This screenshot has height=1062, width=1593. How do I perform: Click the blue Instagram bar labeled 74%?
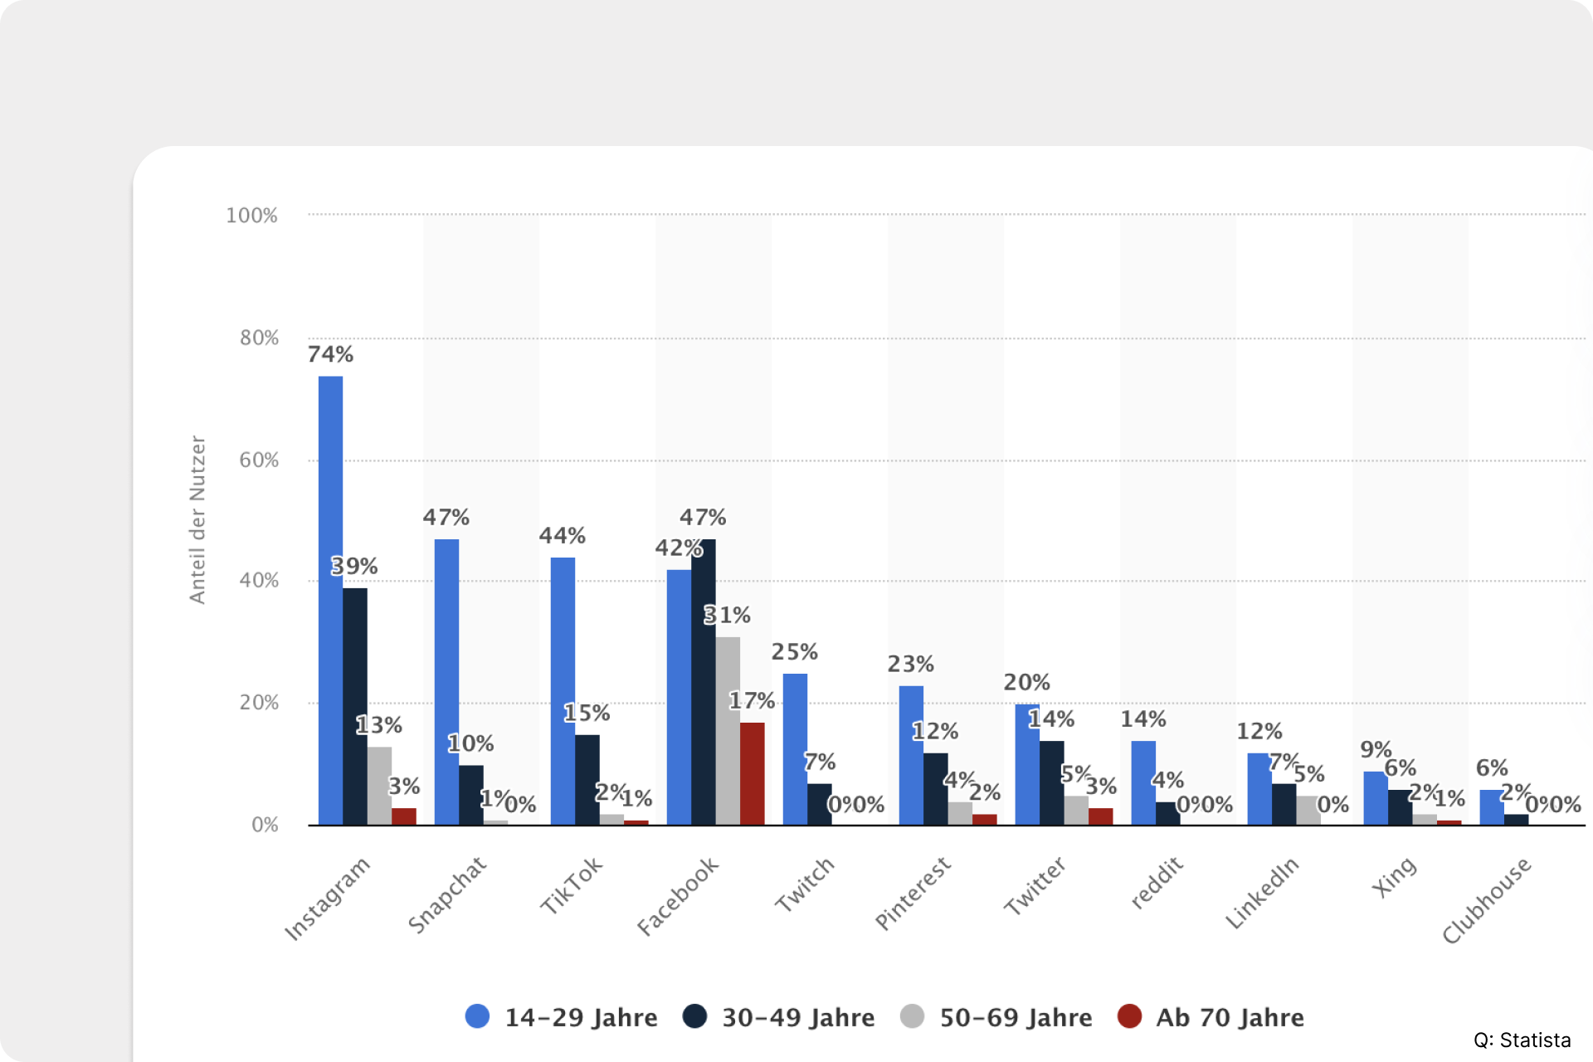click(x=330, y=601)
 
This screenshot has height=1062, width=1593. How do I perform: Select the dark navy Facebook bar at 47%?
click(x=704, y=682)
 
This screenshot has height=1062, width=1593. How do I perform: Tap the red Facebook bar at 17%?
click(x=753, y=773)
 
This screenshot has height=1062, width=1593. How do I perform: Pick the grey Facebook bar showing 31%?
click(x=728, y=730)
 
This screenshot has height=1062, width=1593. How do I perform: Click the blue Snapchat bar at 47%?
click(x=446, y=682)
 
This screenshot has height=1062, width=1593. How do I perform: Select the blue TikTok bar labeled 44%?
click(x=563, y=691)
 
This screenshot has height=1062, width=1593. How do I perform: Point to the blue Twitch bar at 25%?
click(x=795, y=749)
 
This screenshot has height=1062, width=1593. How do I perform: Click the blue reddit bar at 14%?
click(x=1143, y=782)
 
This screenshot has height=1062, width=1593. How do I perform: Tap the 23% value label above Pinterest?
click(x=910, y=665)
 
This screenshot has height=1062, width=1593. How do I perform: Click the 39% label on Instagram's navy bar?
click(x=354, y=567)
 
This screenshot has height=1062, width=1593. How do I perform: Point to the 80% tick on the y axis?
click(x=259, y=339)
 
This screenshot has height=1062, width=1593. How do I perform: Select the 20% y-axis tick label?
click(x=259, y=703)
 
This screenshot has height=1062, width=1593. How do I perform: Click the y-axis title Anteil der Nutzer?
click(x=197, y=520)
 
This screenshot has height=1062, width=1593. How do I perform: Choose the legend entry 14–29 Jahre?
click(x=580, y=1018)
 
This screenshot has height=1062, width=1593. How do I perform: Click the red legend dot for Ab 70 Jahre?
click(x=1129, y=1016)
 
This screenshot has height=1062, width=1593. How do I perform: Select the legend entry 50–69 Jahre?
click(x=1015, y=1018)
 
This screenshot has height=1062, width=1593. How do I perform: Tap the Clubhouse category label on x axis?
click(x=1486, y=901)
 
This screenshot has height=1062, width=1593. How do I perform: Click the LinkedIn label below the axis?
click(x=1262, y=894)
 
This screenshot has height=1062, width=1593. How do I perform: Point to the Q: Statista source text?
click(x=1522, y=1040)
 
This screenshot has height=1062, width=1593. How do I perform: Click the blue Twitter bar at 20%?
click(x=1026, y=765)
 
